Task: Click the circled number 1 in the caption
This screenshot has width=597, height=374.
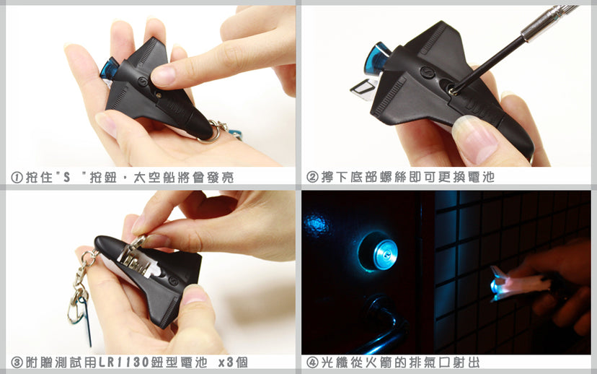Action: tap(17, 178)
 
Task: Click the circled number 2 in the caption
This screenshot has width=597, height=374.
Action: tap(312, 177)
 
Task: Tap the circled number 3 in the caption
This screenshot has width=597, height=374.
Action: tap(17, 362)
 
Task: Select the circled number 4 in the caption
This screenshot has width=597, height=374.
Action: tap(312, 362)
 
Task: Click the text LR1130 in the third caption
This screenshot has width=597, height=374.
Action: tap(124, 362)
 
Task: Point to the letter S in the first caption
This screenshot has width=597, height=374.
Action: tap(67, 178)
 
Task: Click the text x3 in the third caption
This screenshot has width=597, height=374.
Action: tap(226, 362)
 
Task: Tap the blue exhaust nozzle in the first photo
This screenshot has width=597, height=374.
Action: tap(108, 69)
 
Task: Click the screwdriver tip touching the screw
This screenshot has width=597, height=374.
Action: tap(452, 91)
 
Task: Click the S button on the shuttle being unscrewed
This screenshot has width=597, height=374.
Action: tap(426, 72)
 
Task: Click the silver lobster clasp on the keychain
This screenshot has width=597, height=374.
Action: tap(78, 305)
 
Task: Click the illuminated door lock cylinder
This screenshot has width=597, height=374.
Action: tap(378, 252)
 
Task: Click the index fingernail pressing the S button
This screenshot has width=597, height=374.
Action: tap(162, 76)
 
